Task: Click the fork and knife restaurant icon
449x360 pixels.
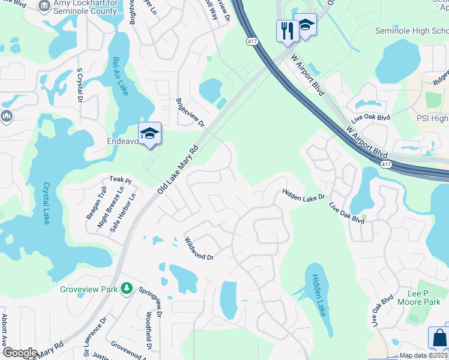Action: (286, 30)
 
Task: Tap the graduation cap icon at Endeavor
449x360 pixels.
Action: (149, 133)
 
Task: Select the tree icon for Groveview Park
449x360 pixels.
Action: (126, 289)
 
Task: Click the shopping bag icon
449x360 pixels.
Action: (439, 337)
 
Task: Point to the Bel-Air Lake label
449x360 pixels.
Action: (119, 76)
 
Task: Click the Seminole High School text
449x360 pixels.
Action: (411, 31)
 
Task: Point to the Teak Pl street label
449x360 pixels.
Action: (120, 179)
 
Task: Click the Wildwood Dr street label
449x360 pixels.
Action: (199, 248)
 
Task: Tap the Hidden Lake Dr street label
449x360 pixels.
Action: (303, 194)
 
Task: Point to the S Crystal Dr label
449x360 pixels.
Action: (79, 85)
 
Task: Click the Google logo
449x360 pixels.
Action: (20, 353)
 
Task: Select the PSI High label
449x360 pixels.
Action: (432, 119)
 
